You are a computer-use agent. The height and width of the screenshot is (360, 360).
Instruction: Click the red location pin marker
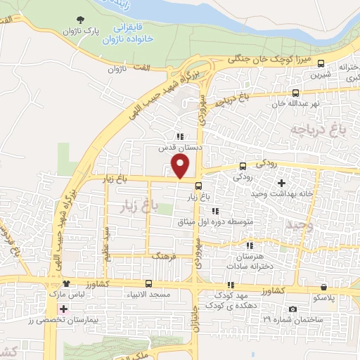point(181,167)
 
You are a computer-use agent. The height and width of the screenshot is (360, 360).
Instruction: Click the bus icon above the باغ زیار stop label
point(198,186)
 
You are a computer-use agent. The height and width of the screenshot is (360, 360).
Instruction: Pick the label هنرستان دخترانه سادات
point(247,261)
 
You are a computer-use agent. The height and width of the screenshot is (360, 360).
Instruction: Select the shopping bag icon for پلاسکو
point(323,287)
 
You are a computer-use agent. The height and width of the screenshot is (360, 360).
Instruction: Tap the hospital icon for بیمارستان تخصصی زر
point(64,309)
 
